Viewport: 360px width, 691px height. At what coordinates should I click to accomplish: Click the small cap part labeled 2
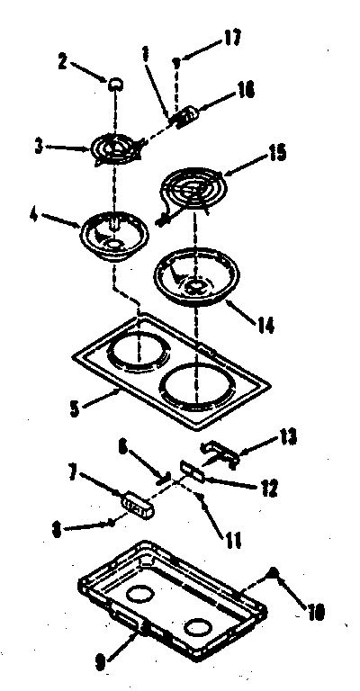(116, 84)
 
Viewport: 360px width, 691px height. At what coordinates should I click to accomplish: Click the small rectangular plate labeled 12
(191, 470)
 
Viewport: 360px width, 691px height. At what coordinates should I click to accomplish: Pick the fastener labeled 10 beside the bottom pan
(274, 574)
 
